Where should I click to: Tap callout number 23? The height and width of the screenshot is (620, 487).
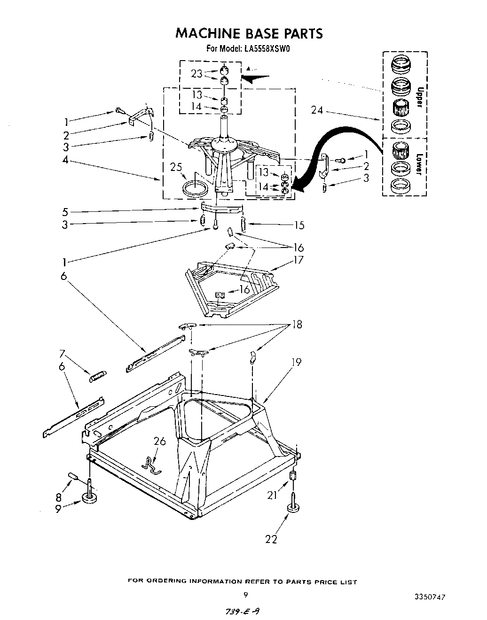coord(196,74)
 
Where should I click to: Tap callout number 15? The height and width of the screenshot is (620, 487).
coord(299,225)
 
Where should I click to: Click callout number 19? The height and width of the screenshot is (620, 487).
coord(296,362)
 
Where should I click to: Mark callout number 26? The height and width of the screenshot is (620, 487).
coord(160,441)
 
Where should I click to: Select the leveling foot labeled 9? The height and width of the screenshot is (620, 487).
coord(89,497)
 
